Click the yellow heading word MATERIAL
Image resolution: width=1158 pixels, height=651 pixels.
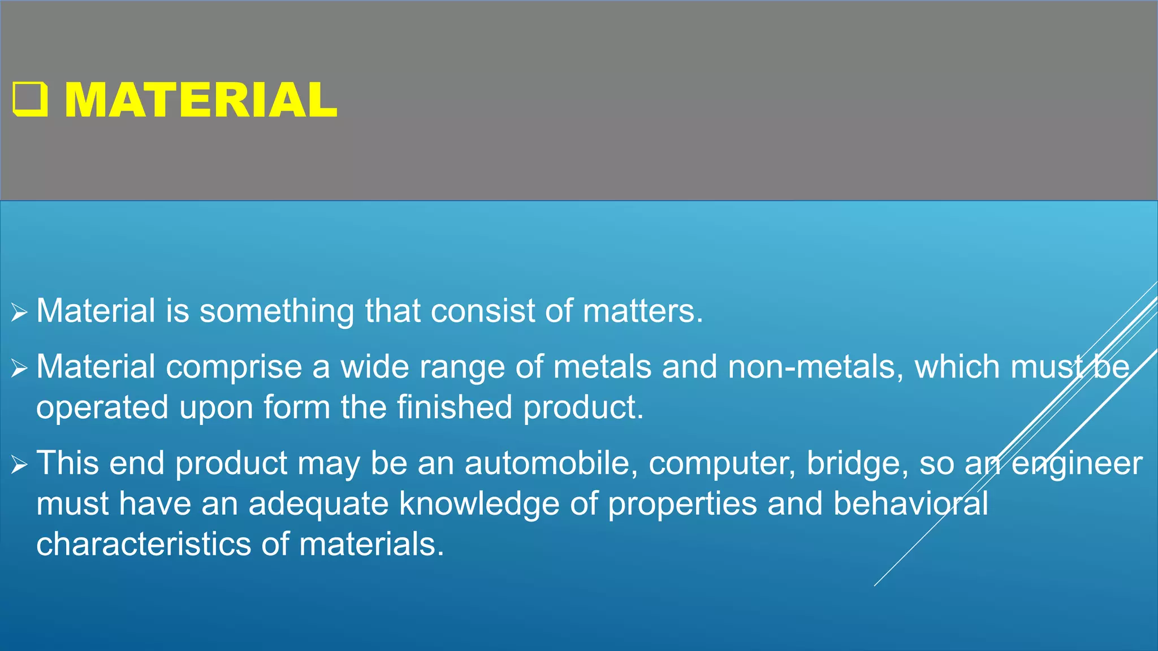click(x=201, y=100)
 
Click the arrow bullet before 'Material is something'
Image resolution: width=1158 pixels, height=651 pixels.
click(x=19, y=312)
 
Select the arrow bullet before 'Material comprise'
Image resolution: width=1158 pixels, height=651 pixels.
click(x=19, y=368)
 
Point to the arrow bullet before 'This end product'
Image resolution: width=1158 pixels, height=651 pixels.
click(x=19, y=465)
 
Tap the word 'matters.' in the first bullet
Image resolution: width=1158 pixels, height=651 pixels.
click(x=643, y=311)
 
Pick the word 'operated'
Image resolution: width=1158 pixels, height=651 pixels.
click(x=102, y=408)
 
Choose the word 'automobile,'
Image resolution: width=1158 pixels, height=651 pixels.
click(x=551, y=463)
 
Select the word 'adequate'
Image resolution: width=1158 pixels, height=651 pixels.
click(x=318, y=504)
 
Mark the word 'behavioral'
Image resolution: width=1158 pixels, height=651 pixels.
click(x=910, y=504)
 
